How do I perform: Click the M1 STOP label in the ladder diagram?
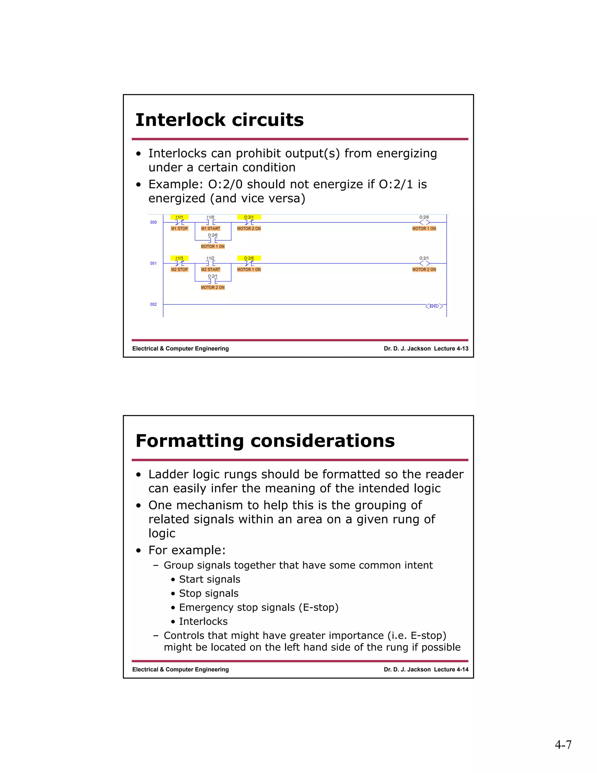point(179,229)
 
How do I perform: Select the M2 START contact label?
point(210,270)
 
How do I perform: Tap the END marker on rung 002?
point(434,306)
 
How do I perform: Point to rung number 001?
point(153,263)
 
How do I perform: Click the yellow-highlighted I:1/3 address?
point(179,258)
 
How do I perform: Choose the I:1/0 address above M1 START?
point(210,217)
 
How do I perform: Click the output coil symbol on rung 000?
point(424,223)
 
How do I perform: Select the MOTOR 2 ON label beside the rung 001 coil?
point(424,270)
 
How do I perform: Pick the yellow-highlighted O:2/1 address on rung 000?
point(249,217)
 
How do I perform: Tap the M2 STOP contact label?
point(179,270)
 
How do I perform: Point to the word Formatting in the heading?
point(189,441)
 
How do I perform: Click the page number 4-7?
point(563,745)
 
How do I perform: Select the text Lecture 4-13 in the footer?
point(451,349)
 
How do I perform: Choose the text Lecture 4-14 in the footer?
point(451,670)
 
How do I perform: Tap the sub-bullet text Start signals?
point(209,579)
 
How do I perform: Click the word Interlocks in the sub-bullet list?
point(203,622)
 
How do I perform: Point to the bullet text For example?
point(187,550)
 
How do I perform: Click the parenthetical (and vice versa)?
point(257,199)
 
